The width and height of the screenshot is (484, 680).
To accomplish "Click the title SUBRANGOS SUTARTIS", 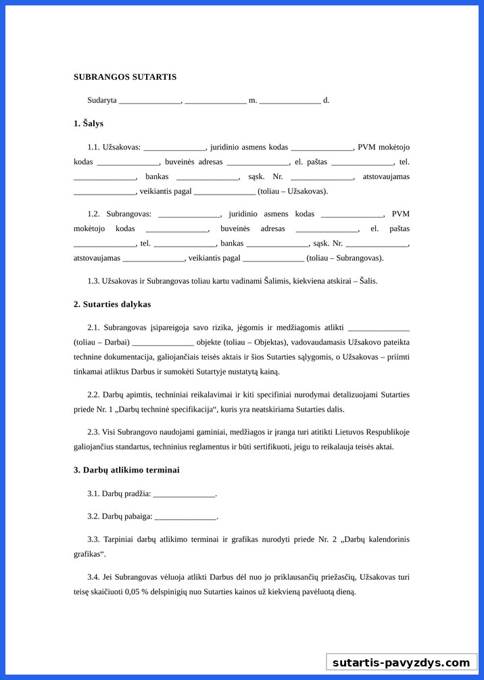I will tap(125, 77).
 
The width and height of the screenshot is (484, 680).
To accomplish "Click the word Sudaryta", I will tap(101, 101).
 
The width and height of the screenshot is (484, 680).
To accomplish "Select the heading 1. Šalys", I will tap(89, 124).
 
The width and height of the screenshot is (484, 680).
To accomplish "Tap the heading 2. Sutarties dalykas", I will tap(112, 304).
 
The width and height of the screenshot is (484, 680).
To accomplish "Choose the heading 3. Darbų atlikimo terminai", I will tap(126, 470).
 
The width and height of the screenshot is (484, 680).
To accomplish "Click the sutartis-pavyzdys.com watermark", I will tap(401, 662).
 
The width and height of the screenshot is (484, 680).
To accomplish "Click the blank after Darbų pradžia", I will tap(184, 494).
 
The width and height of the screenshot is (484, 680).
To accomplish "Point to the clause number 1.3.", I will tap(93, 281).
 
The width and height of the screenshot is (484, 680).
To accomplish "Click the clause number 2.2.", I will tap(93, 395).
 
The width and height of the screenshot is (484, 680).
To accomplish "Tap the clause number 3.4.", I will tap(93, 577).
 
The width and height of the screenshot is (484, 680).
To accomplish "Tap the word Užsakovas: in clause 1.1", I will tap(122, 147).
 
